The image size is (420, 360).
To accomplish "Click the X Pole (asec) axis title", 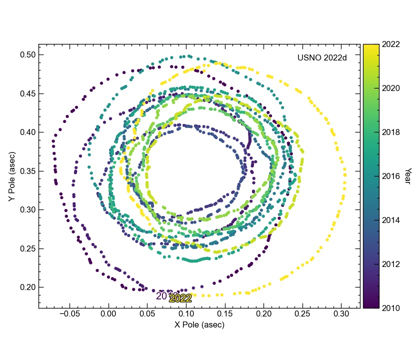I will click(x=199, y=324).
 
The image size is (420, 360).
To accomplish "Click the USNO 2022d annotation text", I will click(x=322, y=57).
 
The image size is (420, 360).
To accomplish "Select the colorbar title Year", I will click(x=407, y=175).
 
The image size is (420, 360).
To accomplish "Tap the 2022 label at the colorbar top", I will click(x=390, y=44).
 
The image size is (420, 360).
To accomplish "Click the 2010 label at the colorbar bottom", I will click(x=390, y=307).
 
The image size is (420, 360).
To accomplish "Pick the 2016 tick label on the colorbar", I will click(x=390, y=176).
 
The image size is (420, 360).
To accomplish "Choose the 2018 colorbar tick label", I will click(x=390, y=132).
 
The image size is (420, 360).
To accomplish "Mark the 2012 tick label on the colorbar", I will click(x=390, y=263).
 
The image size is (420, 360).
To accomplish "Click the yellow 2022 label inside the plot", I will click(x=180, y=298).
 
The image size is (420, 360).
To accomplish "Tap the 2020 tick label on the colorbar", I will click(x=390, y=88).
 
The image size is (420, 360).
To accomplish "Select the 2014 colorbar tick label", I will click(x=390, y=220).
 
